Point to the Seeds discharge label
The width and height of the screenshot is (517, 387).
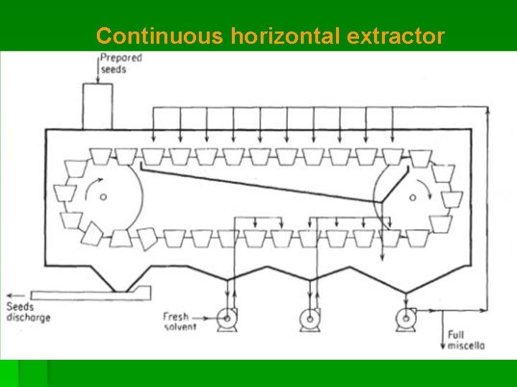click(x=29, y=312)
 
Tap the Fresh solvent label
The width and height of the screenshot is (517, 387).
click(x=180, y=321)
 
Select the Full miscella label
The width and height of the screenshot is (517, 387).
click(x=466, y=340)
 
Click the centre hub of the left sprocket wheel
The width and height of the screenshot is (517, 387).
click(x=103, y=197)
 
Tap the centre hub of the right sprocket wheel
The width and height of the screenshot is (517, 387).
click(x=412, y=197)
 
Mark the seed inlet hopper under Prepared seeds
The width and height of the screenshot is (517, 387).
click(x=97, y=106)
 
